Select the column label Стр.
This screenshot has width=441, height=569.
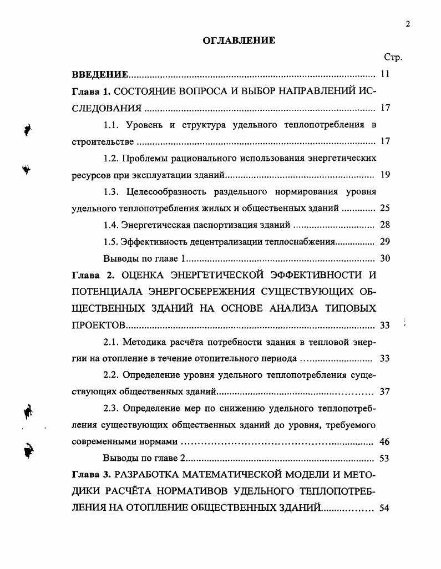point(392,57)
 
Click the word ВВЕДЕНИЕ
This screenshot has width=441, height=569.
point(100,74)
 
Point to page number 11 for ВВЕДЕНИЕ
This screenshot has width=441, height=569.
point(386,74)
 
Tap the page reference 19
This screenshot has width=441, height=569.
point(386,175)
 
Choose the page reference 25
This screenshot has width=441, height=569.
point(386,209)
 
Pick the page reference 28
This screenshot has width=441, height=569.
point(386,225)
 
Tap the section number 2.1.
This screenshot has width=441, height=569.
point(112,342)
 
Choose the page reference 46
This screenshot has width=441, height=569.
point(386,442)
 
